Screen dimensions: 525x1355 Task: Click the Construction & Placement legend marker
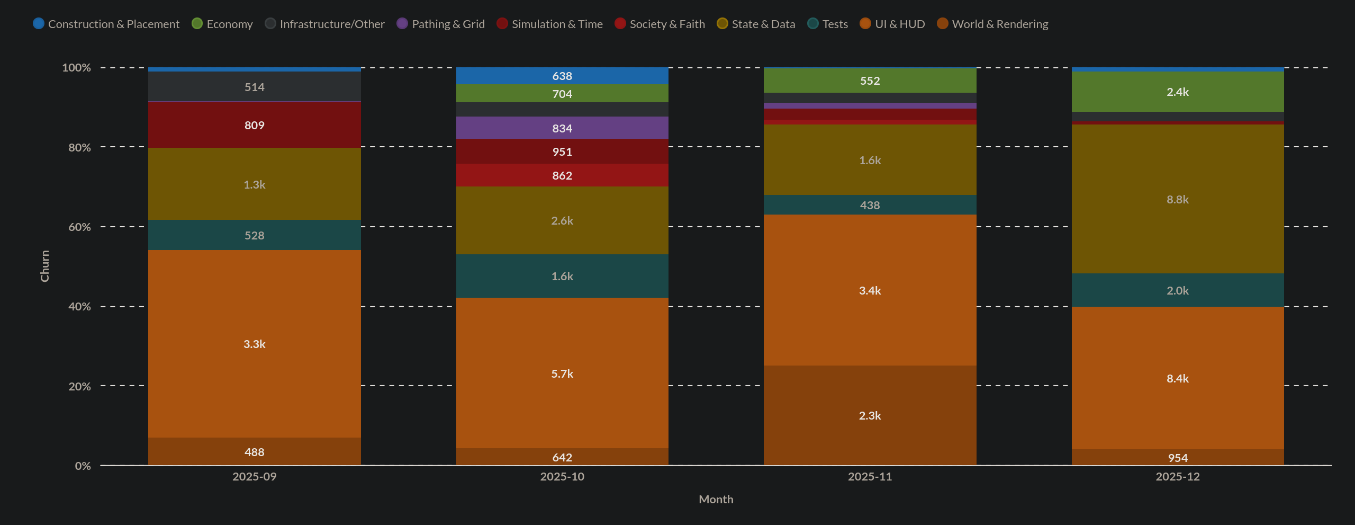point(39,23)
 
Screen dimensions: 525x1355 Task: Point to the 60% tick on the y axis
point(79,227)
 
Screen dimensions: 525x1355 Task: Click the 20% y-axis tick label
point(79,386)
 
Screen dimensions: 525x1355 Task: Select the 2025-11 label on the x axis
point(870,476)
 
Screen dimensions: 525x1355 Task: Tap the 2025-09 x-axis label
point(254,476)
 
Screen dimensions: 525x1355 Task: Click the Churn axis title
point(45,266)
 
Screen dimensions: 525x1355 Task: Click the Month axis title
point(716,499)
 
